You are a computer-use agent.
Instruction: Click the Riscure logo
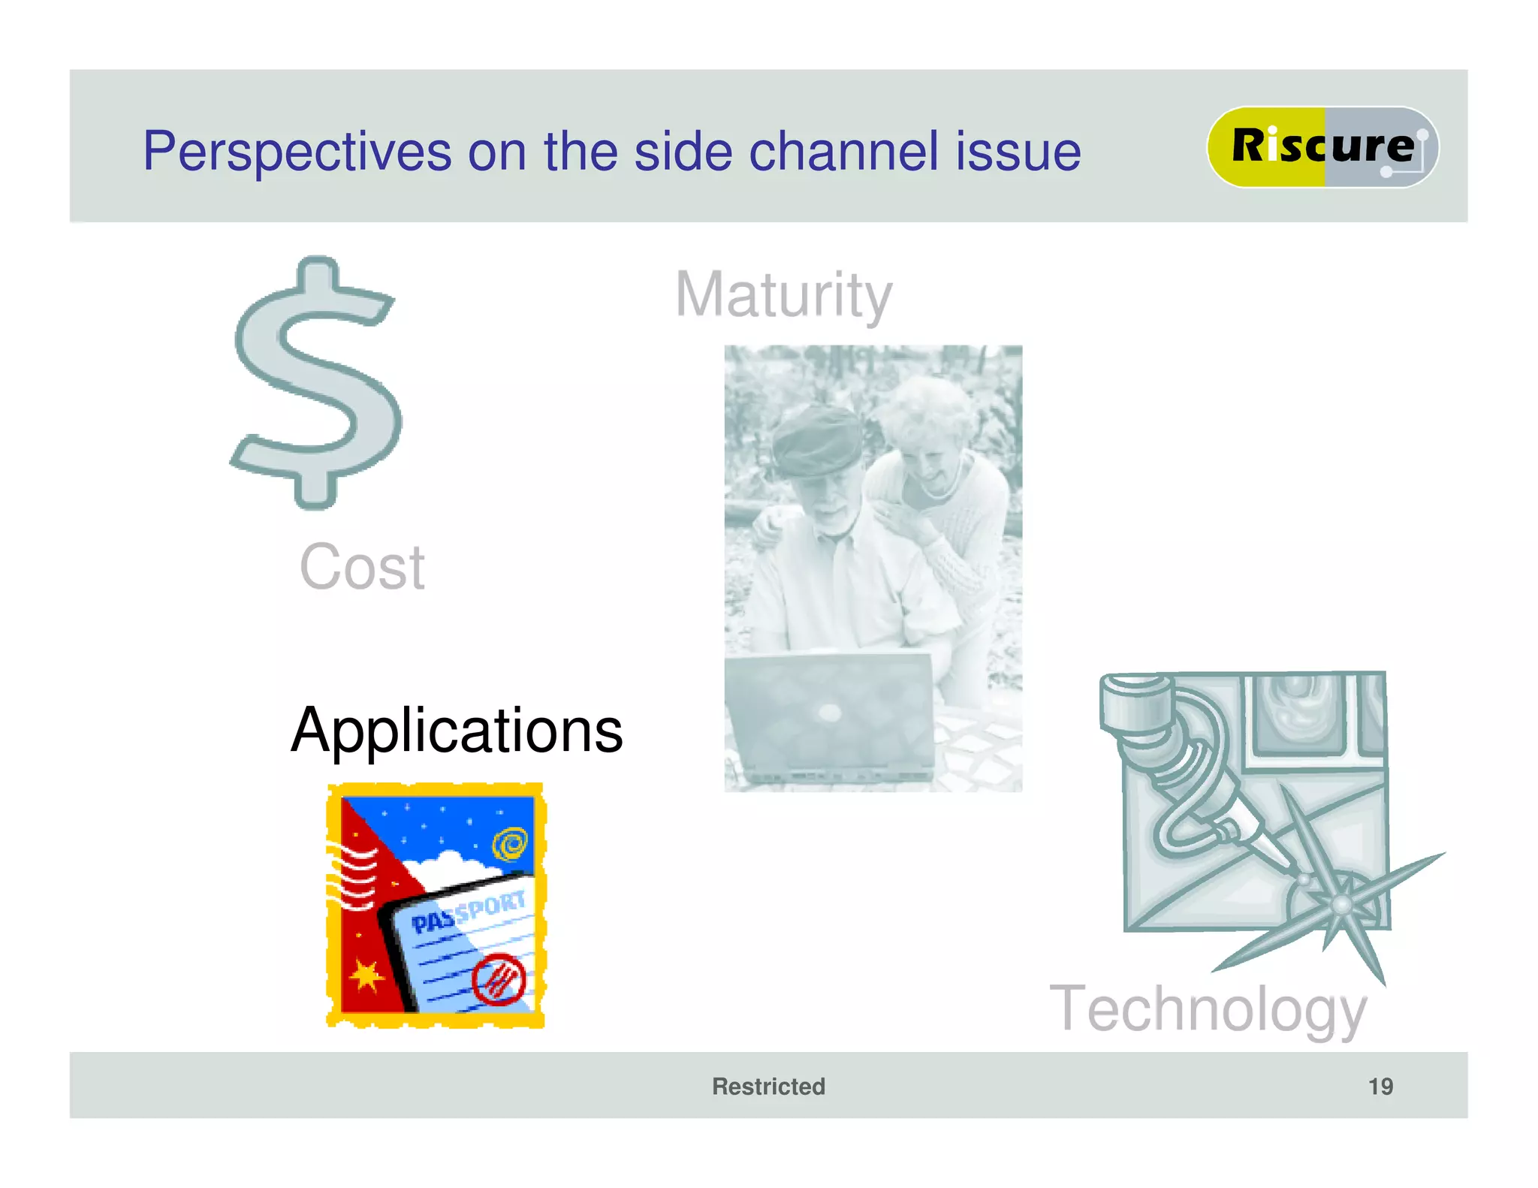[1322, 146]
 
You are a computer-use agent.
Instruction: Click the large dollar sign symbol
[315, 383]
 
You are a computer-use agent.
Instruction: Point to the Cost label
[362, 567]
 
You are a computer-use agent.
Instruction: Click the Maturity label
[783, 294]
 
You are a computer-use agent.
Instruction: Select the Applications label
[457, 730]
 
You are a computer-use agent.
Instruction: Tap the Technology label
[1208, 1009]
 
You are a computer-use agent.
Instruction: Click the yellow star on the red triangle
[366, 975]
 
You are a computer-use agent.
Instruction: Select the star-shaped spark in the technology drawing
[1340, 905]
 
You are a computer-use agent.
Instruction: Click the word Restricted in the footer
[768, 1086]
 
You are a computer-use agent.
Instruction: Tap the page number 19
[1380, 1086]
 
